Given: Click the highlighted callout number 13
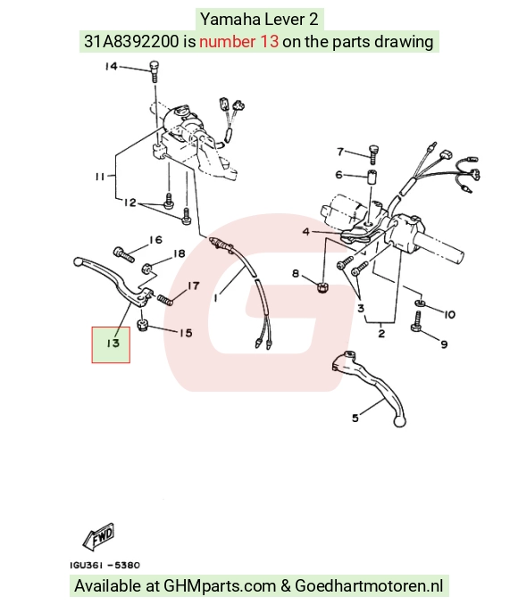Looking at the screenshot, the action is click(113, 343).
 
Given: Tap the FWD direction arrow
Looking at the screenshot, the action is click(99, 536).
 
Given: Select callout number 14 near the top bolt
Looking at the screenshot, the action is click(111, 66).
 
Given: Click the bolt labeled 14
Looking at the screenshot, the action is click(155, 71).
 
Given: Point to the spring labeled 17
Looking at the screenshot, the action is click(164, 299).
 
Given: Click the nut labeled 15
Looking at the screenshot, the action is click(143, 326).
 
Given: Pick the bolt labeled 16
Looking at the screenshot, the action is click(124, 254).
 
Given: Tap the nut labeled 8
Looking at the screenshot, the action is click(322, 287).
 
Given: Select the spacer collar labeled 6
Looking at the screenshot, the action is click(372, 178).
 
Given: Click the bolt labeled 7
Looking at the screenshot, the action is click(374, 154).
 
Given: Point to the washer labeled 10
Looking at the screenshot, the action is click(420, 302).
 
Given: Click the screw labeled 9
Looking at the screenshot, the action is click(416, 322).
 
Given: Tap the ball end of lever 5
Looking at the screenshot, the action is click(399, 421).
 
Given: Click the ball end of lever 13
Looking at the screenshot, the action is click(78, 261).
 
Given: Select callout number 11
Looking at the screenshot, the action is click(100, 177).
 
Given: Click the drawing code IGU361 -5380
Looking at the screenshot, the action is click(104, 565).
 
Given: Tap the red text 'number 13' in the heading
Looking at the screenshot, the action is click(238, 41).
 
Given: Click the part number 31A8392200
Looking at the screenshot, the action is click(131, 41).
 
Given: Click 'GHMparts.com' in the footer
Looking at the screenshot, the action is click(220, 585).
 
